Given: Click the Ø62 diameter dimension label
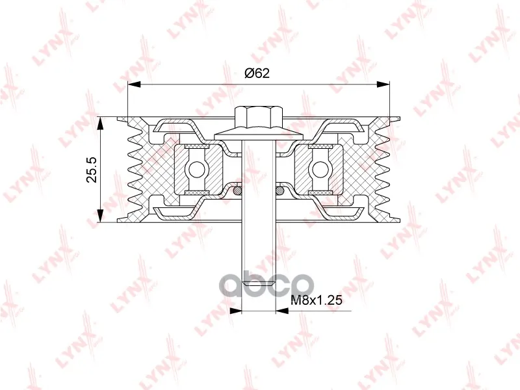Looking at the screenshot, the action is tap(257, 73).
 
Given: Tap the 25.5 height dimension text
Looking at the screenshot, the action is tap(91, 170).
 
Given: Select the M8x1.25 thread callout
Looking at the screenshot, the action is tap(316, 300).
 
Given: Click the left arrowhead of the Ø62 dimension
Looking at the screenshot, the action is tap(135, 84).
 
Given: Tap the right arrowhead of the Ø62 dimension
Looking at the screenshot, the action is tap(383, 84).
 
